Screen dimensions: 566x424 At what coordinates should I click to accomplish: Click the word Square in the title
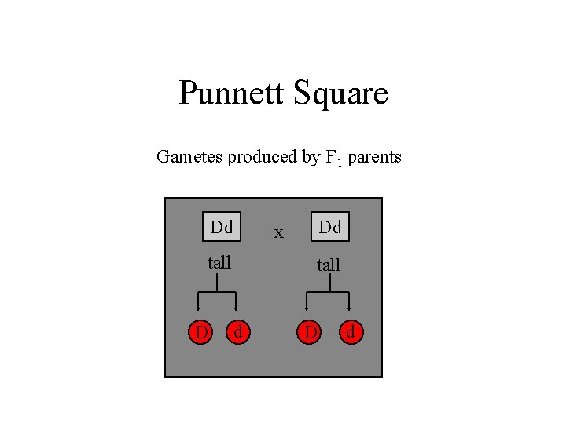pyautogui.click(x=340, y=93)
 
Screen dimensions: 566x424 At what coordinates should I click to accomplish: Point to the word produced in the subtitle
pyautogui.click(x=262, y=158)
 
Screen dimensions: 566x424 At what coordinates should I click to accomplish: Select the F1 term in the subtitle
pyautogui.click(x=333, y=158)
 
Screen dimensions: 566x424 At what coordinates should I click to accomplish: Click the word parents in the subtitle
pyautogui.click(x=374, y=158)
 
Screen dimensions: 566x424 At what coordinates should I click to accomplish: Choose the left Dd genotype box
pyautogui.click(x=222, y=228)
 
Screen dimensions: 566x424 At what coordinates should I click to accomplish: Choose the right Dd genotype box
pyautogui.click(x=330, y=228)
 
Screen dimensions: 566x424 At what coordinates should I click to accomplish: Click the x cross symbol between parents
pyautogui.click(x=278, y=232)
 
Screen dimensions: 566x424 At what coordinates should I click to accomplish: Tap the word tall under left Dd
pyautogui.click(x=219, y=262)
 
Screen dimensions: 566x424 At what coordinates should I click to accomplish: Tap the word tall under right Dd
pyautogui.click(x=329, y=265)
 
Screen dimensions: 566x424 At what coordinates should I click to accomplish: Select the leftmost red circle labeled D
pyautogui.click(x=201, y=333)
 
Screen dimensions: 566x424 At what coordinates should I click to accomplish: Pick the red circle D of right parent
pyautogui.click(x=311, y=333)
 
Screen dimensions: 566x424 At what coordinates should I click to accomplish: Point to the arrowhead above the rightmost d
pyautogui.click(x=348, y=310)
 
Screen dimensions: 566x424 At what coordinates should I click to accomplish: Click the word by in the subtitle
pyautogui.click(x=310, y=158)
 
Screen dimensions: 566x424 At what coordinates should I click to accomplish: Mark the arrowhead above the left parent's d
pyautogui.click(x=236, y=310)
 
